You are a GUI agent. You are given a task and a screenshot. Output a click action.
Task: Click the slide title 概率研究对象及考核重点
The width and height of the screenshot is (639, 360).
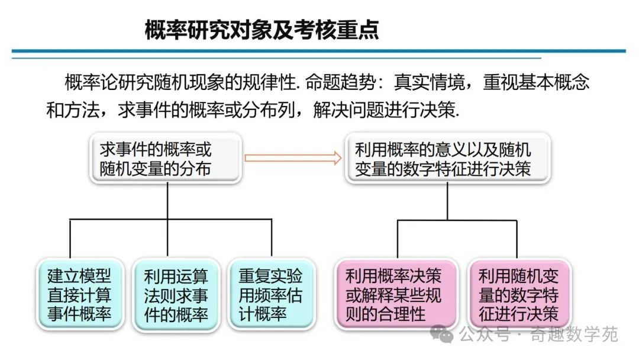262,30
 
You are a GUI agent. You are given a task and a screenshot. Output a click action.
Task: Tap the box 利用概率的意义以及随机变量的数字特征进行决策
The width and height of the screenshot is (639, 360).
447,159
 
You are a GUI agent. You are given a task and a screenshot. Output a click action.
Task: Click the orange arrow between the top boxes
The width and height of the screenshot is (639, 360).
293,157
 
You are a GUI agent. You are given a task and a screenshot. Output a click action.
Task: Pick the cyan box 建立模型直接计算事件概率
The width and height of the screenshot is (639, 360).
79,294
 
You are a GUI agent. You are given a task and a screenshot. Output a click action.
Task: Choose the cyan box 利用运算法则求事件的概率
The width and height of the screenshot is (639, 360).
176,294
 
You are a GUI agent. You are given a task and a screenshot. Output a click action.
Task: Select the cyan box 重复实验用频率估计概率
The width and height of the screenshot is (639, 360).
270,294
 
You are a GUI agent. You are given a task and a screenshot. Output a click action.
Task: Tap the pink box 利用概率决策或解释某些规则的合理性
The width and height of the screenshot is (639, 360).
395,294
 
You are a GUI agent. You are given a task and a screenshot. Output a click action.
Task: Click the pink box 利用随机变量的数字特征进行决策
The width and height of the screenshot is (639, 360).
518,294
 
